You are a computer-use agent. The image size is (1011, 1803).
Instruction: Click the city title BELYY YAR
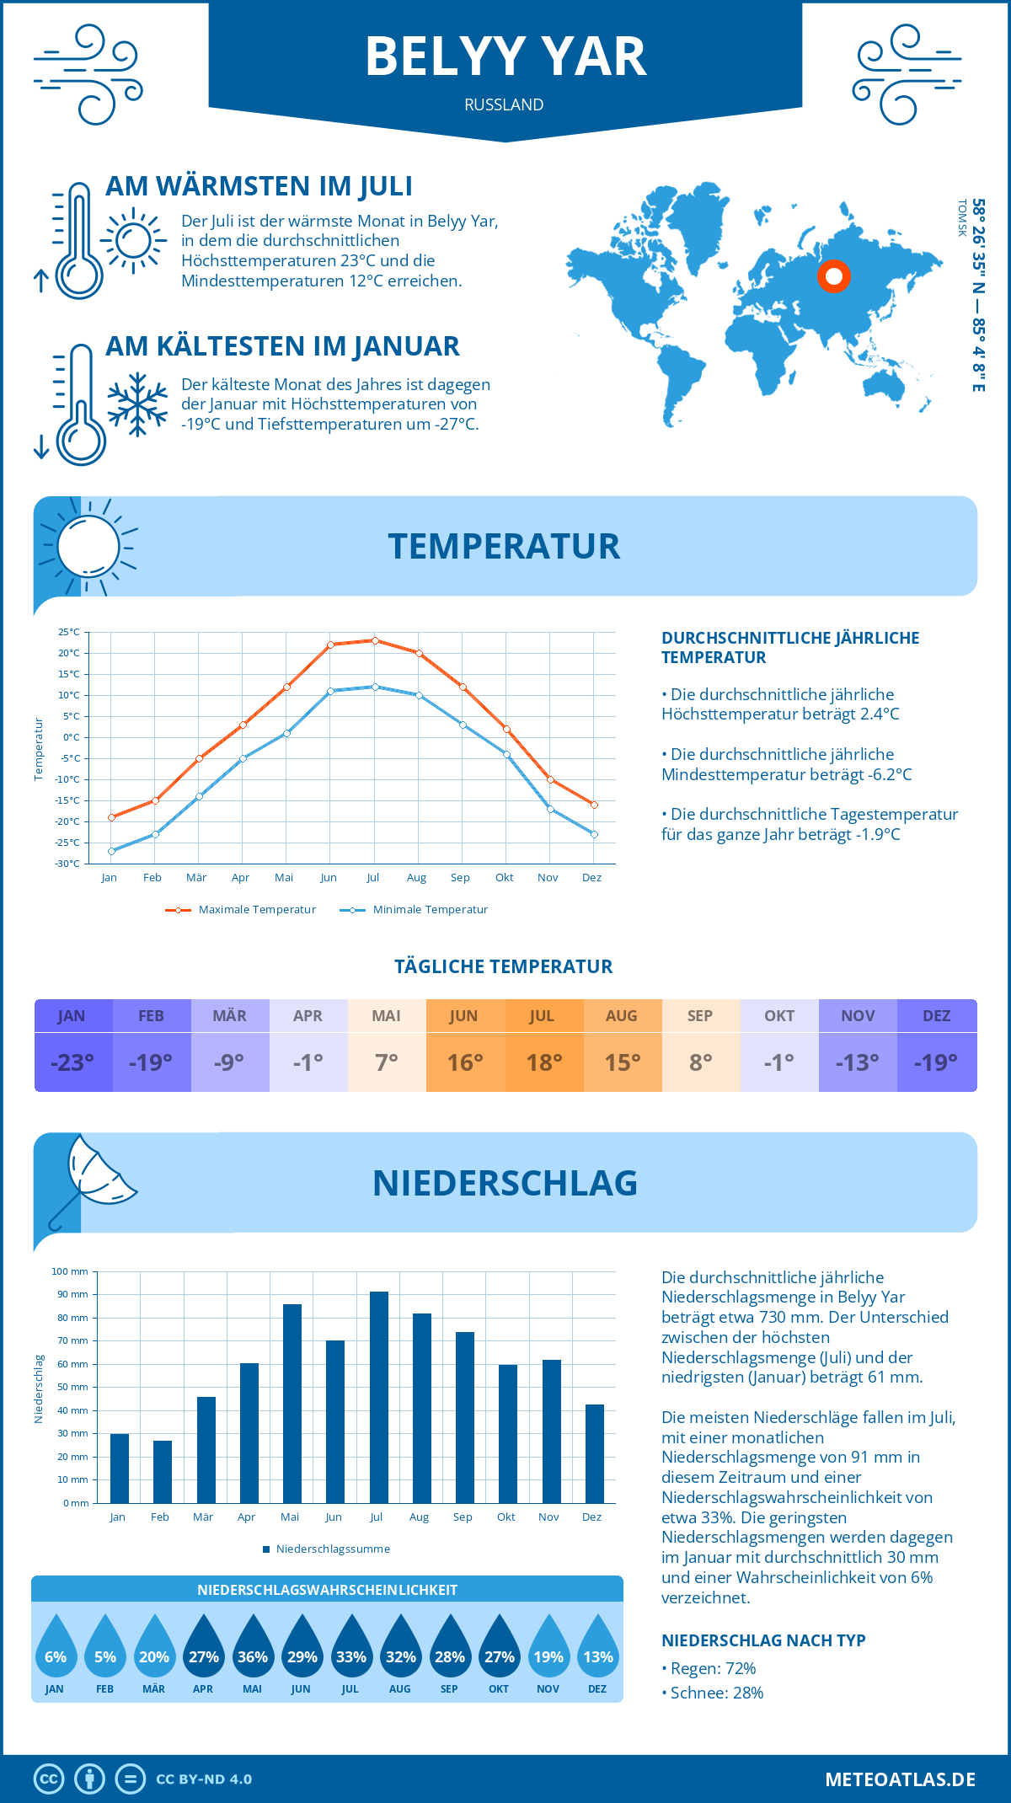[x=505, y=57]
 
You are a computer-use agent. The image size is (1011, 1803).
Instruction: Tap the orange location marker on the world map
[x=834, y=276]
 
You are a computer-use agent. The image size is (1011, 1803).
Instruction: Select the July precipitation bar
[x=379, y=1397]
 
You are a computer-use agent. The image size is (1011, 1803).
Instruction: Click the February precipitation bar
[x=163, y=1471]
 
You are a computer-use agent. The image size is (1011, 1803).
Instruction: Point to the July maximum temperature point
[x=375, y=640]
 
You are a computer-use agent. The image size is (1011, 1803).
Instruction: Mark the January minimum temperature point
[x=111, y=851]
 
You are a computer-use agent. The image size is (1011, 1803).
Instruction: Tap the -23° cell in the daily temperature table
[x=72, y=1062]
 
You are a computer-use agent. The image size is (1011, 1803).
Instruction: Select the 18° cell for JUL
[x=544, y=1062]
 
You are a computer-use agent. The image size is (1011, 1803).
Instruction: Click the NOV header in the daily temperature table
[x=858, y=1016]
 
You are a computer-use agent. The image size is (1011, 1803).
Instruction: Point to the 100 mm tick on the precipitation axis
[x=70, y=1271]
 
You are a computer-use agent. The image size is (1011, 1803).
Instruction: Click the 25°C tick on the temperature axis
[x=69, y=632]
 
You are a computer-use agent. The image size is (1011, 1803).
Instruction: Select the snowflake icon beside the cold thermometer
[x=137, y=404]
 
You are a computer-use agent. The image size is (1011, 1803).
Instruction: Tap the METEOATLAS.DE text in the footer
[x=900, y=1779]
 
